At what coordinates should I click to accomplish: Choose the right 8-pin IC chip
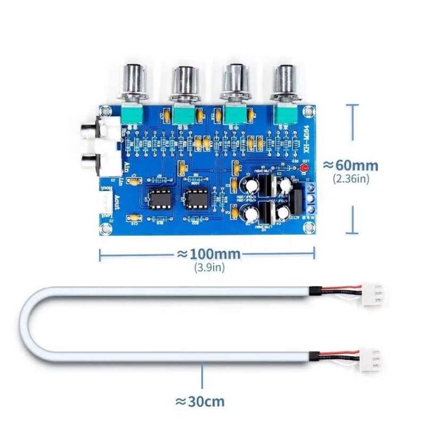[x=195, y=198]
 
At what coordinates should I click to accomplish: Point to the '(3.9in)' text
[x=209, y=267]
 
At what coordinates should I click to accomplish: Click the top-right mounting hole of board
[x=307, y=111]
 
